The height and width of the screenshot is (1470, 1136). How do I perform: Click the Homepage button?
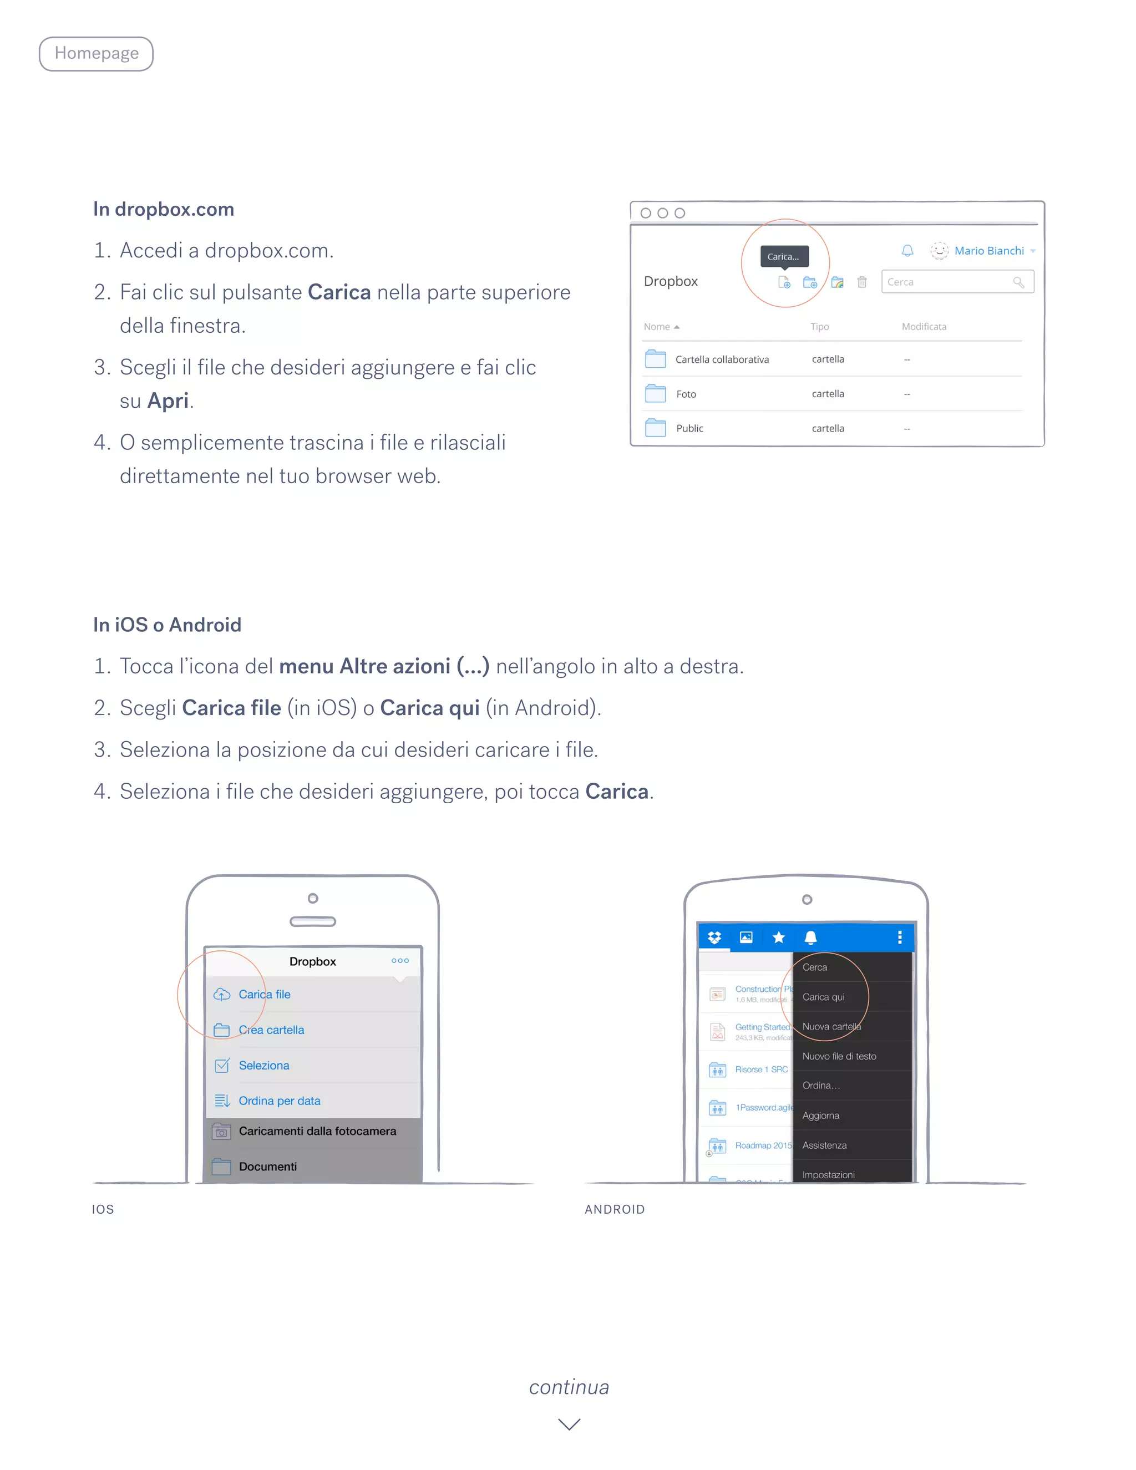(96, 54)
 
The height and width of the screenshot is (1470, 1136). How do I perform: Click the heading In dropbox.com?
(164, 209)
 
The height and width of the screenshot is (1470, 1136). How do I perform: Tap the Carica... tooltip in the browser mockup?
(783, 256)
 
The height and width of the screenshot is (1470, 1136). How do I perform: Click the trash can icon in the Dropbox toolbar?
(862, 282)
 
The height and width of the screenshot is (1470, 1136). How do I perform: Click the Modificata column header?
(924, 326)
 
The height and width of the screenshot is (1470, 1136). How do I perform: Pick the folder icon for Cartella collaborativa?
(655, 359)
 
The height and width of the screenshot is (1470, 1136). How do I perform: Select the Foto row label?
(686, 394)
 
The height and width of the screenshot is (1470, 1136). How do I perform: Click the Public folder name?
(689, 429)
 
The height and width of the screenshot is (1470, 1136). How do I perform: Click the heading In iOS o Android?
(167, 625)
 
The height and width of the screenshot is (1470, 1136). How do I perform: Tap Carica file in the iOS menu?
(265, 994)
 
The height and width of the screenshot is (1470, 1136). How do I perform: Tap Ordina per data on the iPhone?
(280, 1101)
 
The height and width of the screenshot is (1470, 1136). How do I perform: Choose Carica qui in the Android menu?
(823, 997)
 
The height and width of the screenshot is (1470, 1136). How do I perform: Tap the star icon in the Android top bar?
(779, 937)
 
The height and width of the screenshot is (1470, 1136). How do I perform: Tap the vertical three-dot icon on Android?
(899, 937)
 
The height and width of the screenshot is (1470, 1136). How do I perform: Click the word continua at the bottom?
(569, 1387)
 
